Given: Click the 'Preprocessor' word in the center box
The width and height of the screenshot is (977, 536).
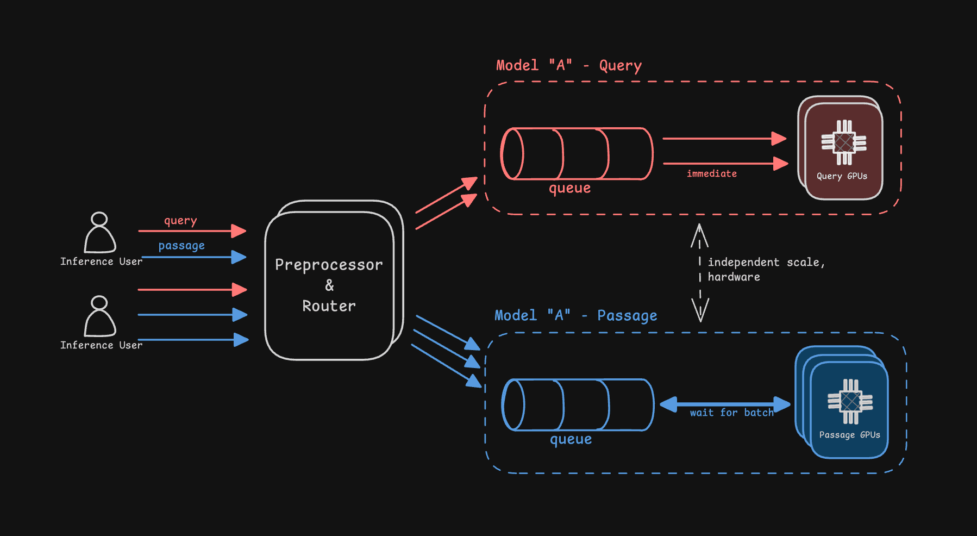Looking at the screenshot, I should [329, 265].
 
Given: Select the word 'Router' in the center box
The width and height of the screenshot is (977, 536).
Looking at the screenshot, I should [329, 306].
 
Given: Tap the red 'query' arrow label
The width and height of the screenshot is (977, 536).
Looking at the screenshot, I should [180, 221].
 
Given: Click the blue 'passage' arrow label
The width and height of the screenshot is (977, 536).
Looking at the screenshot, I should [181, 246].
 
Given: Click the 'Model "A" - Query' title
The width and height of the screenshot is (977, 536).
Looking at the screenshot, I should [568, 66].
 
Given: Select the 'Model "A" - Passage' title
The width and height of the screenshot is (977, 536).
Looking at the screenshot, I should [575, 316].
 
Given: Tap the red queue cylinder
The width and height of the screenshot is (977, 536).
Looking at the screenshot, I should [577, 154].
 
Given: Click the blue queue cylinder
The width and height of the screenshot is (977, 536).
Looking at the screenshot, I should [578, 405].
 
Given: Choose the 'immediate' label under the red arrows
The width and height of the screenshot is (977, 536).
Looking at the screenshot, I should [712, 174].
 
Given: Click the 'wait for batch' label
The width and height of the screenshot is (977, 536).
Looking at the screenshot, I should [731, 413].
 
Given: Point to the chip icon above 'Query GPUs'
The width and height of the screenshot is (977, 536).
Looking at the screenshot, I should [844, 142].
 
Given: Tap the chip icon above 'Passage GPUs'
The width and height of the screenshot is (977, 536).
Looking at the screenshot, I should [850, 402].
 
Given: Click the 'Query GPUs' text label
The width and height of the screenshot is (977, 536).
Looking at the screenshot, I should [842, 176].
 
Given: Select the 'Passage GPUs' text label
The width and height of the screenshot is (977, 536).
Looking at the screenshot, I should [849, 435].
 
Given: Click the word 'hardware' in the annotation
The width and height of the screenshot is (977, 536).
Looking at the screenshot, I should [734, 277].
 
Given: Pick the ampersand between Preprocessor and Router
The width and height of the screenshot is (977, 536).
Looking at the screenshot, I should [329, 285].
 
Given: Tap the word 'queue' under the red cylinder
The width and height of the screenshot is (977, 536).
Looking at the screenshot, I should [569, 189].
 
